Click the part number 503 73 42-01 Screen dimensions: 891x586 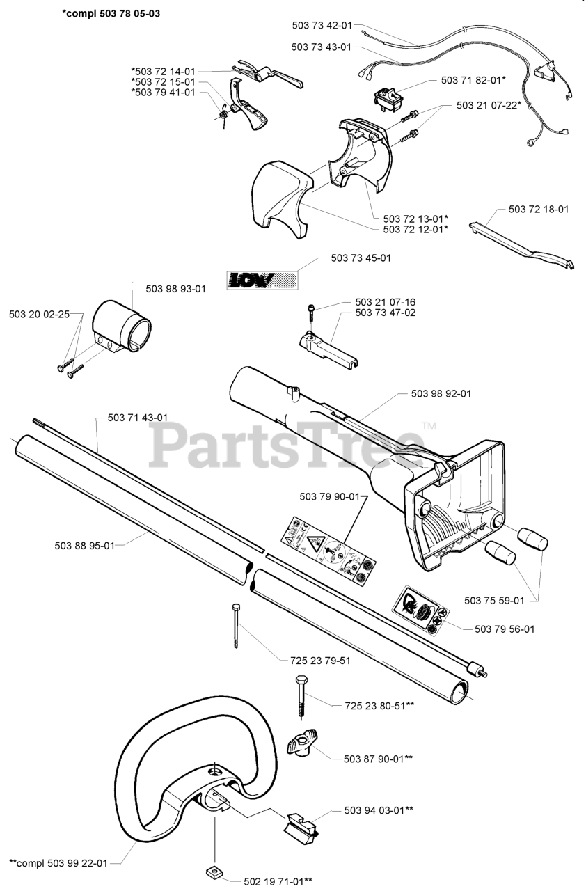(x=322, y=25)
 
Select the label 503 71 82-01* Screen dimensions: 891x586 (x=473, y=81)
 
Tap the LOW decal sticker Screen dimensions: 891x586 (x=262, y=280)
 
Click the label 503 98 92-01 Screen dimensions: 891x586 (x=441, y=393)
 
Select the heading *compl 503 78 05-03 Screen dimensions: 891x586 (x=111, y=13)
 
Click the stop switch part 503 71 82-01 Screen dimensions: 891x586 (x=388, y=98)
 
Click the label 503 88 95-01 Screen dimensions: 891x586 (x=103, y=545)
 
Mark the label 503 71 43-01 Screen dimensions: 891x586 (x=138, y=418)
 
